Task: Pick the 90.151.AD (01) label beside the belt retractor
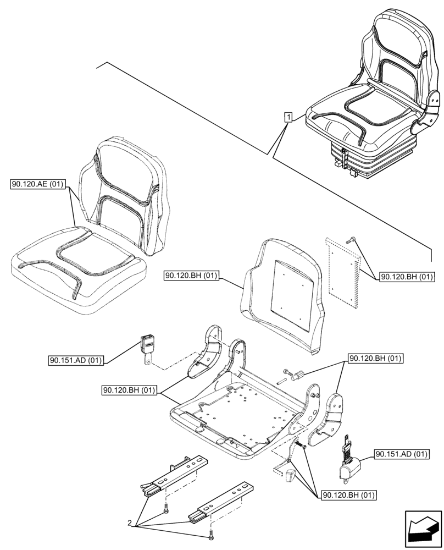pos(401,454)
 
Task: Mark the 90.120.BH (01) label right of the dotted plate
pos(406,277)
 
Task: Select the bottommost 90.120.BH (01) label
pos(348,494)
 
